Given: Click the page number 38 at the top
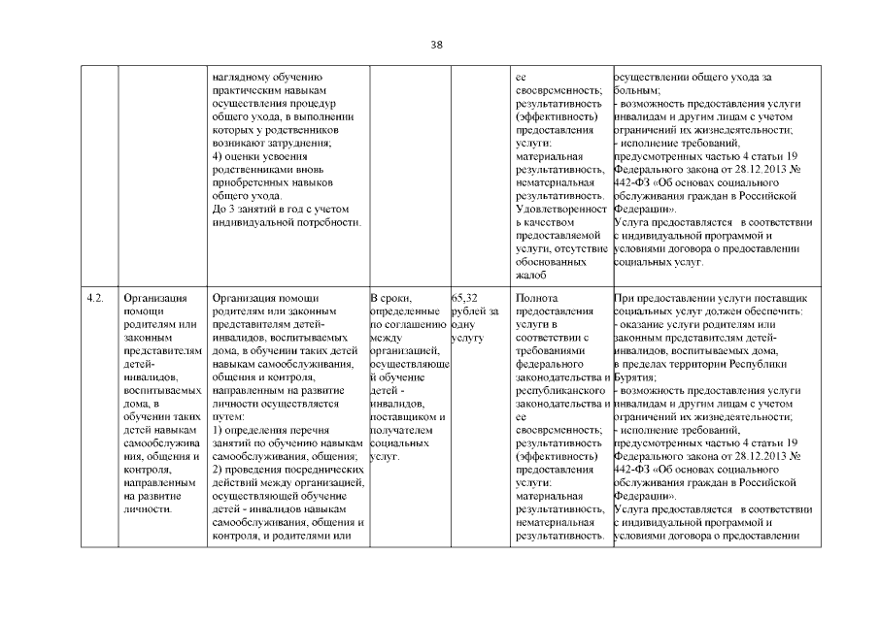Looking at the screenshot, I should click(437, 44).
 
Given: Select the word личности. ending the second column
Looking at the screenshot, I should click(149, 507).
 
